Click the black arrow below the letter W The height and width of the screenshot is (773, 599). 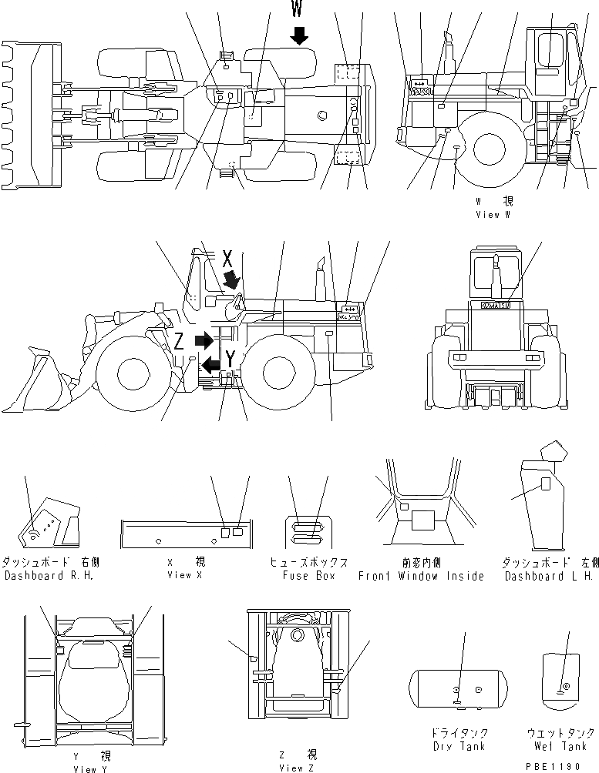299,35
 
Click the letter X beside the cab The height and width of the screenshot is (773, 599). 227,259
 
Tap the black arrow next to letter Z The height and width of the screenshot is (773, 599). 202,340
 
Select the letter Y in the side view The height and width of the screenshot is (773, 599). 231,357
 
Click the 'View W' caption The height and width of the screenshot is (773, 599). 493,215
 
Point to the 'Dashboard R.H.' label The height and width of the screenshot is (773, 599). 49,576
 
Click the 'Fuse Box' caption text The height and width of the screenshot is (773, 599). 308,576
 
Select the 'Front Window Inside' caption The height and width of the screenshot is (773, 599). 421,576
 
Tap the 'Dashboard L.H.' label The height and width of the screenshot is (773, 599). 548,576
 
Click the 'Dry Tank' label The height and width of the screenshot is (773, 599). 459,747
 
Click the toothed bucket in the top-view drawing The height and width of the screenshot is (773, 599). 29,115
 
